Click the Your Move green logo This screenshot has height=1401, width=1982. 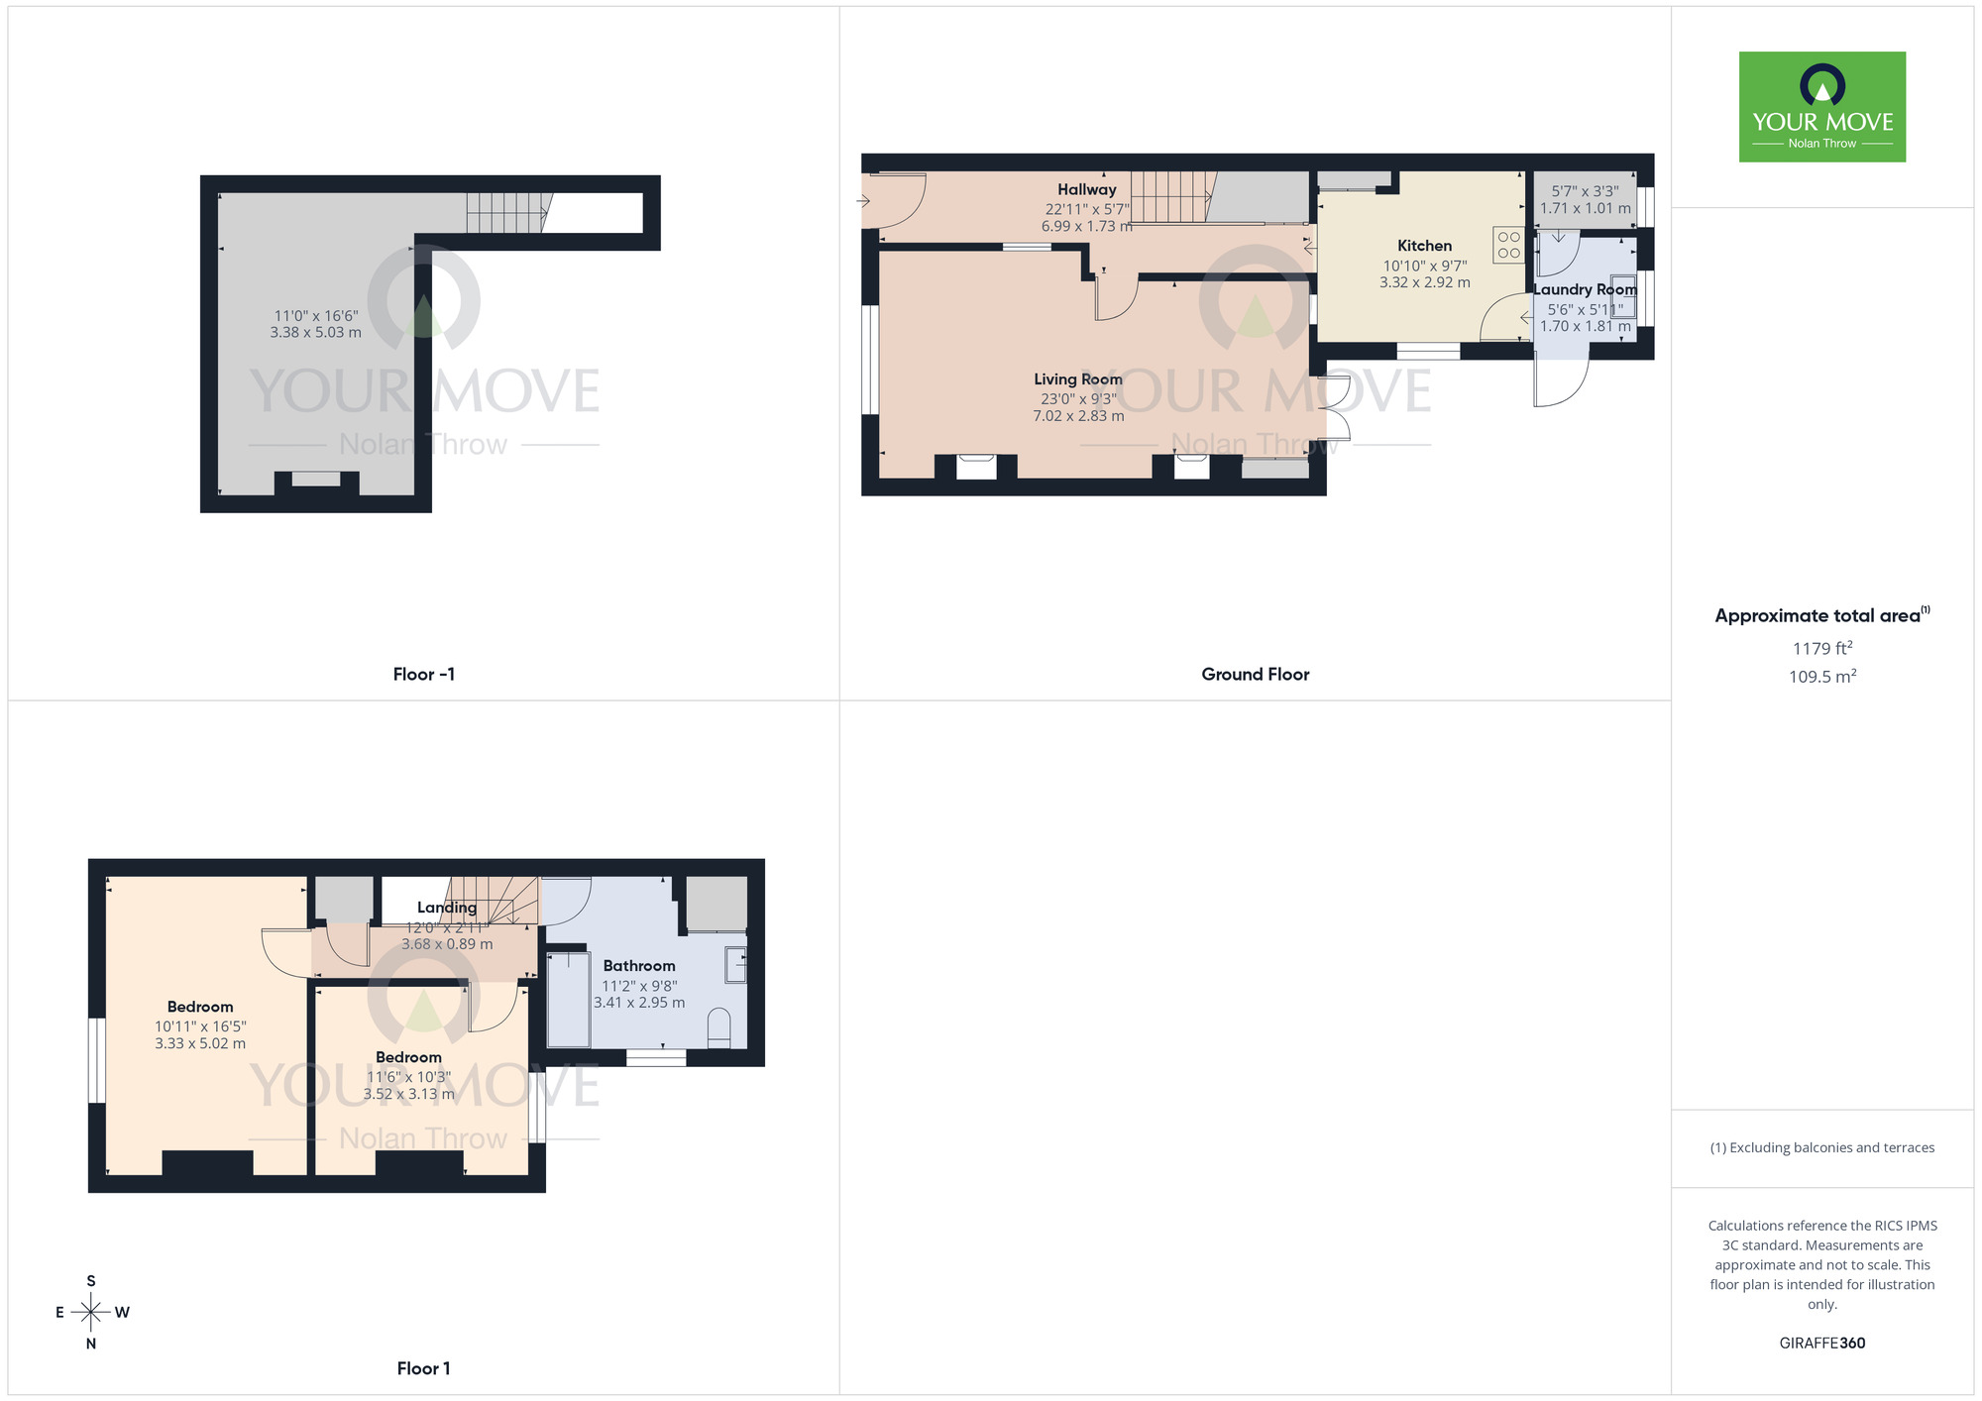click(1821, 107)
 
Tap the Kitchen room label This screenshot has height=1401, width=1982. click(1424, 246)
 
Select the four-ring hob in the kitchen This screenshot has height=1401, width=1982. click(1508, 245)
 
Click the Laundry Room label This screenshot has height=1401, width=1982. click(1585, 289)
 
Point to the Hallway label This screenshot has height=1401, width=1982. click(1086, 189)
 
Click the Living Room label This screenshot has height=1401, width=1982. click(1077, 378)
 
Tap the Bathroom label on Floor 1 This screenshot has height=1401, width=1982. click(638, 965)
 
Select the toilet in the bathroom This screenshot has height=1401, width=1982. click(719, 1027)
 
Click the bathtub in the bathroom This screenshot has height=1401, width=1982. click(569, 999)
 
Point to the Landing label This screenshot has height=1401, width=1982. click(446, 907)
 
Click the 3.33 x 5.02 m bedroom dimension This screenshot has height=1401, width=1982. click(200, 1043)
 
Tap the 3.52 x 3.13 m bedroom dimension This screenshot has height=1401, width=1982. click(408, 1094)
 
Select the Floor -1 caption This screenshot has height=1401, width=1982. click(423, 674)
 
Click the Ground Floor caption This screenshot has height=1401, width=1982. click(1255, 674)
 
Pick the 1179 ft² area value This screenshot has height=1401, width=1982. click(1821, 648)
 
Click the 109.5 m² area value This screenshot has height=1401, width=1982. click(1821, 677)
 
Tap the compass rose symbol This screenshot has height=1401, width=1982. click(91, 1312)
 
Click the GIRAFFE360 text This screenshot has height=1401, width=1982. click(1821, 1343)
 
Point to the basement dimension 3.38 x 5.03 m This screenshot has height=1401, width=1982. click(315, 333)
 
